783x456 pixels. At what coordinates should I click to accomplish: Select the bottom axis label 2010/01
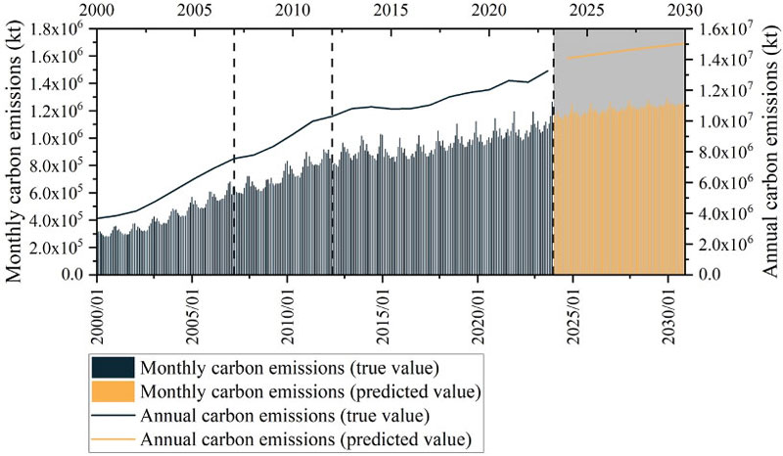click(x=288, y=312)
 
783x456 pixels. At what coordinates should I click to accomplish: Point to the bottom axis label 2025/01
click(x=573, y=312)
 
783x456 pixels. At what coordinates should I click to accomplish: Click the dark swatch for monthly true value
click(x=111, y=369)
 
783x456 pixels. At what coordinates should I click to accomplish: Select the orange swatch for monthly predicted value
click(x=111, y=392)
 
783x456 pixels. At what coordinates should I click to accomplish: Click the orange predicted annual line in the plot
click(x=626, y=51)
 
